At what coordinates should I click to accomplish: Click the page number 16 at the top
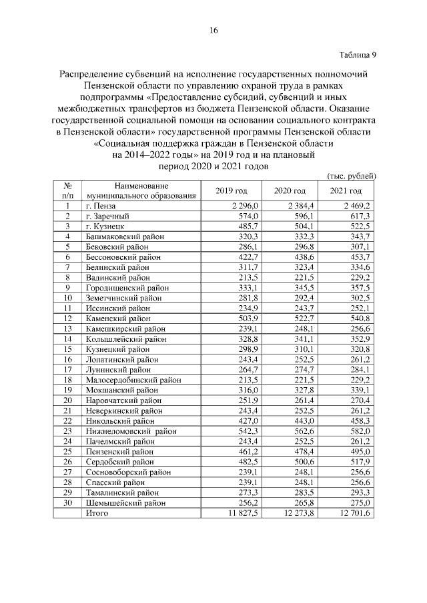[x=213, y=30]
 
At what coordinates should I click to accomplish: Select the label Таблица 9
[x=358, y=54]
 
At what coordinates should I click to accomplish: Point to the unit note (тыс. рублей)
[x=352, y=175]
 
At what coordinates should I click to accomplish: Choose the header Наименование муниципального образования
[x=140, y=191]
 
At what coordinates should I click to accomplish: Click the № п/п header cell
[x=68, y=191]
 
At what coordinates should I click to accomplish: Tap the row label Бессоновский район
[x=123, y=257]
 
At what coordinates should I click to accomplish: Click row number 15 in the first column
[x=68, y=348]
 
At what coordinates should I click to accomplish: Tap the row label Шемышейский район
[x=123, y=503]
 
